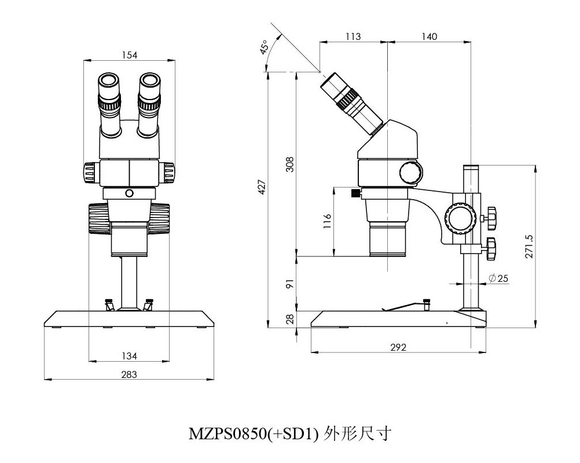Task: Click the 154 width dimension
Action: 129,55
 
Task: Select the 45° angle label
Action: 265,47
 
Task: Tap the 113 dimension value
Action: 353,36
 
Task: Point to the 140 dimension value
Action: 429,36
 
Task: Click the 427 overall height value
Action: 262,187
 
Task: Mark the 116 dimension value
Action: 327,222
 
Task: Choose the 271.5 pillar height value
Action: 528,246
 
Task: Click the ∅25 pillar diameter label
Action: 498,278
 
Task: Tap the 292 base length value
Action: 398,347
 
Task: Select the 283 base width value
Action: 129,374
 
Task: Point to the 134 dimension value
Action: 129,355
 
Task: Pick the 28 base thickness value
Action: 291,318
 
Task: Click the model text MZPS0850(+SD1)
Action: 254,433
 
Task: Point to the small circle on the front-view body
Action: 129,193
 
